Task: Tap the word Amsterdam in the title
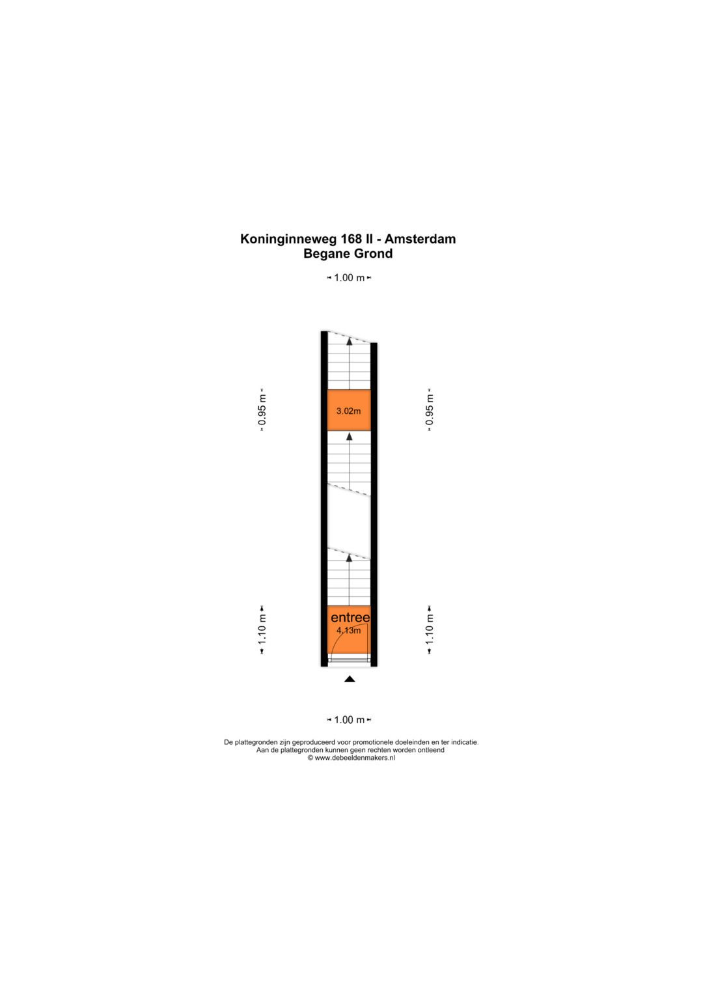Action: coord(420,239)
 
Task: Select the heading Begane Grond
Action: coord(348,254)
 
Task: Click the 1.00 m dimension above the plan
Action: coord(349,278)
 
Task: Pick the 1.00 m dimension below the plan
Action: coord(349,720)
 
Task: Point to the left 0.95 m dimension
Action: coord(262,410)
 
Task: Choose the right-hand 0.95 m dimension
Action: coord(430,410)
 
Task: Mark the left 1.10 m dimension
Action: coord(262,630)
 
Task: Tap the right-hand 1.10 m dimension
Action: coord(430,630)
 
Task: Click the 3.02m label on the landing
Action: coord(348,411)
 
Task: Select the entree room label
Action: coord(350,617)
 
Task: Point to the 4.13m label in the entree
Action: coord(348,631)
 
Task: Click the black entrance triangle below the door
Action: coord(350,679)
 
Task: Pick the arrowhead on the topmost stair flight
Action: coord(350,340)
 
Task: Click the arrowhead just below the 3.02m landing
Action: coord(350,436)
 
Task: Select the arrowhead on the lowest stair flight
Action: coord(350,558)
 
